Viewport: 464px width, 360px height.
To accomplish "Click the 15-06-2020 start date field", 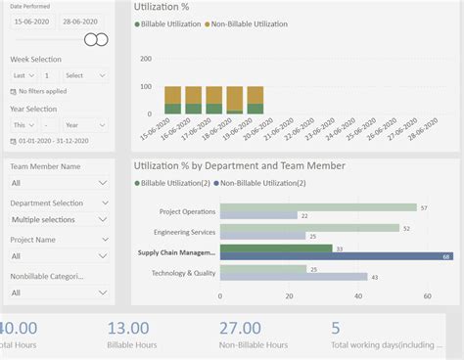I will pos(31,21).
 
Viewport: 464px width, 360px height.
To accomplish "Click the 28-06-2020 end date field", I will pos(81,21).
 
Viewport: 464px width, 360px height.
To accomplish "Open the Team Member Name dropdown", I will pos(59,183).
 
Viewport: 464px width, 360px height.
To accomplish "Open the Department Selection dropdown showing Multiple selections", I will pos(59,219).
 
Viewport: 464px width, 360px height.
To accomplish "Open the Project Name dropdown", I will pos(59,255).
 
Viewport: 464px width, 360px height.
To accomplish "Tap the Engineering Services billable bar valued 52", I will pos(308,228).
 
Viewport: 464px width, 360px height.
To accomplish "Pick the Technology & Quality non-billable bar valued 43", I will pos(293,277).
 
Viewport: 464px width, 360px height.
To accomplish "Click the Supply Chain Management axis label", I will pos(176,252).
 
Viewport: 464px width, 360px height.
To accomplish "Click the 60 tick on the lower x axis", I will pos(427,295).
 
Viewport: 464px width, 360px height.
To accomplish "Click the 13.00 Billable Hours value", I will pos(128,329).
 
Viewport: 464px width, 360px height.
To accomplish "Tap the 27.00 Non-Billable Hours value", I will pos(240,329).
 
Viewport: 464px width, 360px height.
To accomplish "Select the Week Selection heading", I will pos(35,59).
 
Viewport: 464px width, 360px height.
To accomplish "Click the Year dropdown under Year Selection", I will pos(85,125).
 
